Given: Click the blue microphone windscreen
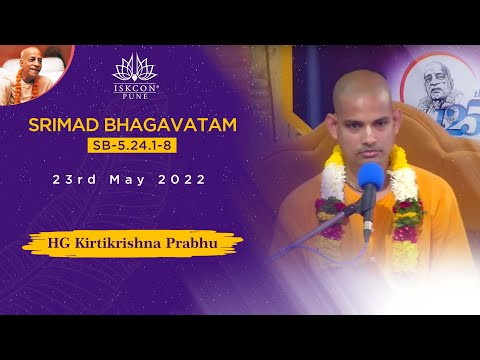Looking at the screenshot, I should [371, 179].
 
